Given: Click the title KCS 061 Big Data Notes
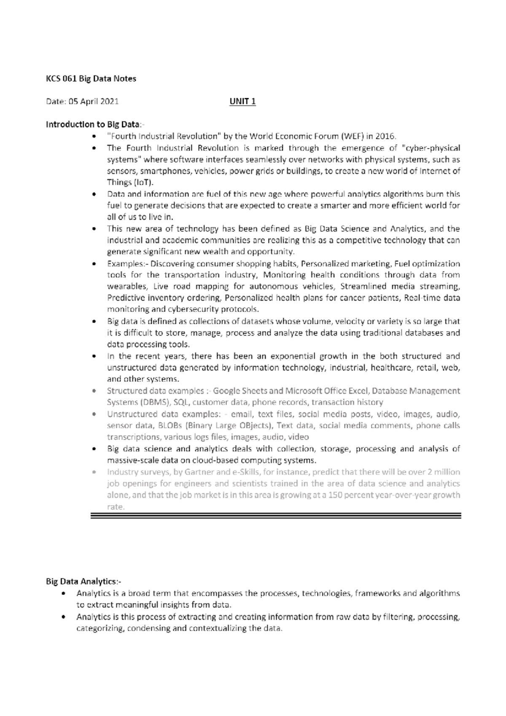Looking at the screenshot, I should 91,78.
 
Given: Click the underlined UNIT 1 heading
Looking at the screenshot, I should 242,101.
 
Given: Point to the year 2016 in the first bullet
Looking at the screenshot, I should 387,136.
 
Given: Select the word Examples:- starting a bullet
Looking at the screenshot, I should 128,264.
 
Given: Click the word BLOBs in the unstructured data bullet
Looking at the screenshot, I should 170,425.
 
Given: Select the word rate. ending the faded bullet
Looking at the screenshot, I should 116,507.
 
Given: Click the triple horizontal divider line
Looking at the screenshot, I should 276,515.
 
